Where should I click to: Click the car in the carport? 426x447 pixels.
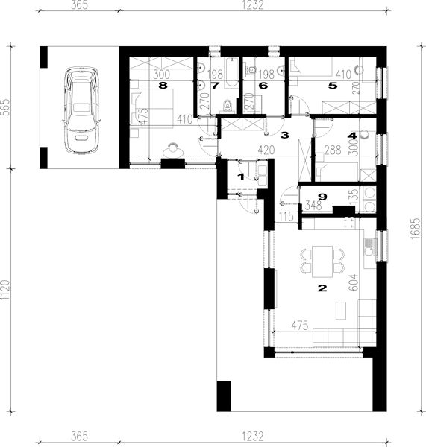(x=82, y=110)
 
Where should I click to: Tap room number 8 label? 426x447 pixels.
(x=163, y=85)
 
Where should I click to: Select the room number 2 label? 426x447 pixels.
(x=322, y=288)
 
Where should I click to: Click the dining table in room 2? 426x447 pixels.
(x=322, y=261)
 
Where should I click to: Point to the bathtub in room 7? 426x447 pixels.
(x=231, y=73)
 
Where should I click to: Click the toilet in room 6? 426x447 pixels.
(x=251, y=69)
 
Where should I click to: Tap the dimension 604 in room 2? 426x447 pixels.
(x=354, y=282)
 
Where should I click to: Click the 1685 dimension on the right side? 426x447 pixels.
(x=416, y=229)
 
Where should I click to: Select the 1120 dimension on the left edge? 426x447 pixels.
(x=6, y=290)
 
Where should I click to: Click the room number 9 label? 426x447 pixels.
(x=322, y=197)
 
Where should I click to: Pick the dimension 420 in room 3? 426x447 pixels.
(x=266, y=150)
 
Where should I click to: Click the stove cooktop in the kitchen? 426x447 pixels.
(x=349, y=223)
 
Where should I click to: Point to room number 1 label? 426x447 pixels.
(x=241, y=177)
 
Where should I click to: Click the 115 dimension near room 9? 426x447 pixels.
(x=286, y=216)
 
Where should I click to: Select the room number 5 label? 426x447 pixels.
(x=333, y=86)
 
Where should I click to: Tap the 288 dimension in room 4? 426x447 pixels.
(x=333, y=150)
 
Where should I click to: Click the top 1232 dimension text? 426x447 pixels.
(x=253, y=5)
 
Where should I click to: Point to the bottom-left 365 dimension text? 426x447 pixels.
(x=79, y=436)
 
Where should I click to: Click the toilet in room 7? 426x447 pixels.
(x=228, y=105)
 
